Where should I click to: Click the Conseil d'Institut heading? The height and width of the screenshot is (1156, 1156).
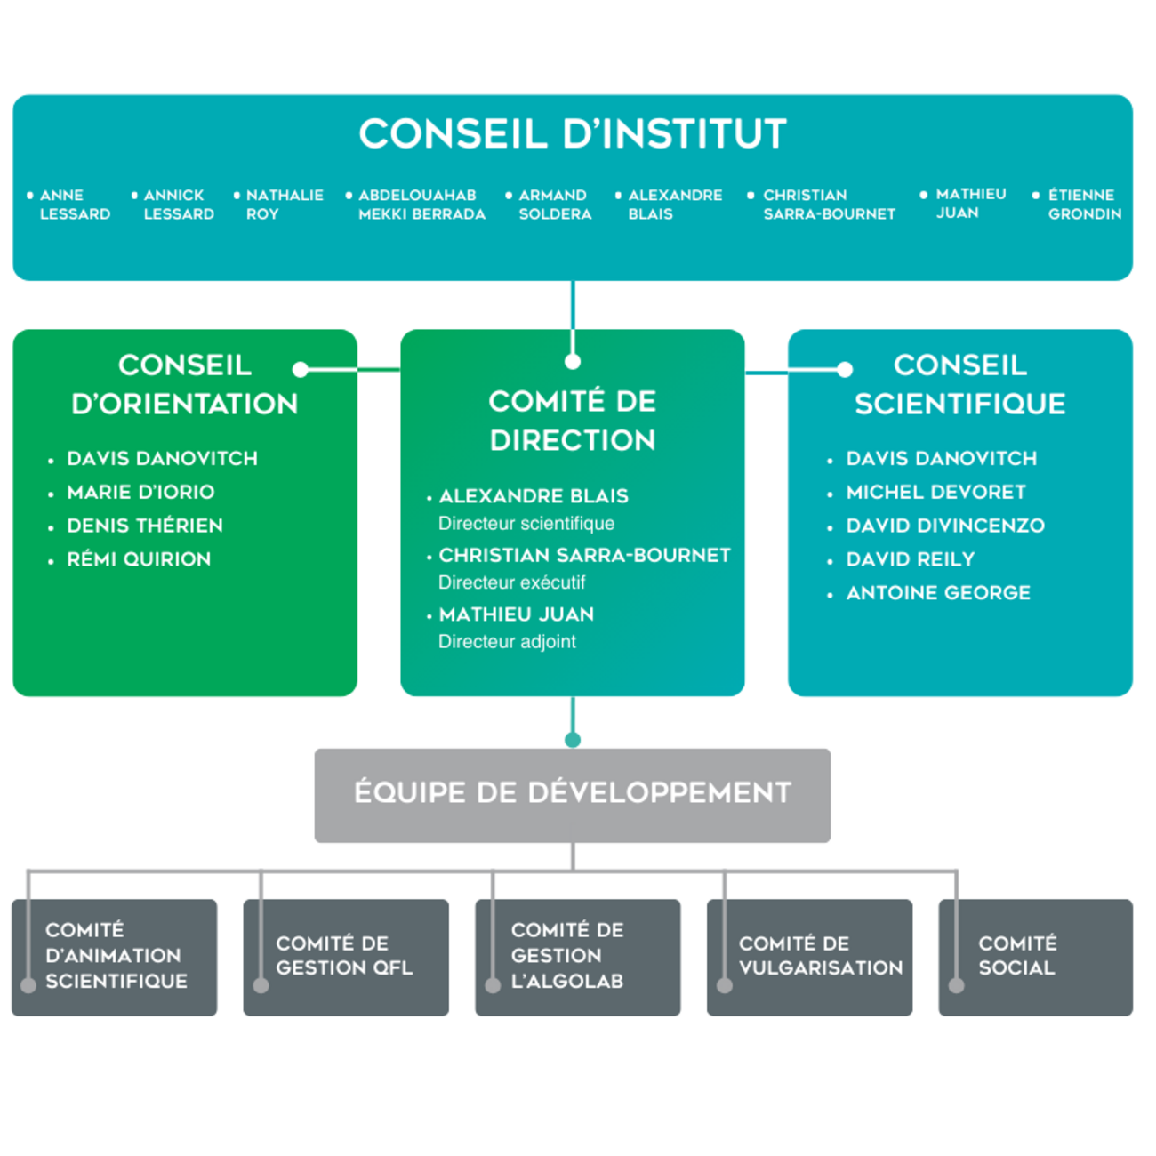573,134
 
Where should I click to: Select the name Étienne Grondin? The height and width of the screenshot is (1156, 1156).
1084,205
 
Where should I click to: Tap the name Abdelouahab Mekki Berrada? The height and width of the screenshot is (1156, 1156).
421,205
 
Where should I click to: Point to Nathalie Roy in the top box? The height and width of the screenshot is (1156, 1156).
283,205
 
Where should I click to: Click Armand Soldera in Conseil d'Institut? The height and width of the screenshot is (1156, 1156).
554,205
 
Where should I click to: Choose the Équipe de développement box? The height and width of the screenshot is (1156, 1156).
573,794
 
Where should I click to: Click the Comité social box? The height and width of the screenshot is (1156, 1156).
1035,957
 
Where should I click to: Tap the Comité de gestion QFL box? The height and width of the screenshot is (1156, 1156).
346,957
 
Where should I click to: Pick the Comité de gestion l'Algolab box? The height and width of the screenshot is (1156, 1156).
578,957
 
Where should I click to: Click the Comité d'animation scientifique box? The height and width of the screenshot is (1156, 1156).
115,957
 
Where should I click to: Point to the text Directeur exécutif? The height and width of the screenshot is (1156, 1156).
511,582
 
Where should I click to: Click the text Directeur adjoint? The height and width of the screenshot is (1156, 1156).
507,642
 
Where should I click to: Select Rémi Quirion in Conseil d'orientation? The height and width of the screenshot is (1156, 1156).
139,559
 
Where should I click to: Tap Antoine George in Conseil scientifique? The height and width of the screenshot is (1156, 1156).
938,593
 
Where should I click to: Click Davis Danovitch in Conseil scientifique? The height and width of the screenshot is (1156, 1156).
941,459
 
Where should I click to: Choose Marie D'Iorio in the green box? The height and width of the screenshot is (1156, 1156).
140,492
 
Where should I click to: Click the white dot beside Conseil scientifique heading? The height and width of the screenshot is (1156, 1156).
845,369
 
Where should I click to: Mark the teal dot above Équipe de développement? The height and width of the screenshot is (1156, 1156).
573,740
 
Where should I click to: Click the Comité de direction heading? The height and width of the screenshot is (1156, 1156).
573,421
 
